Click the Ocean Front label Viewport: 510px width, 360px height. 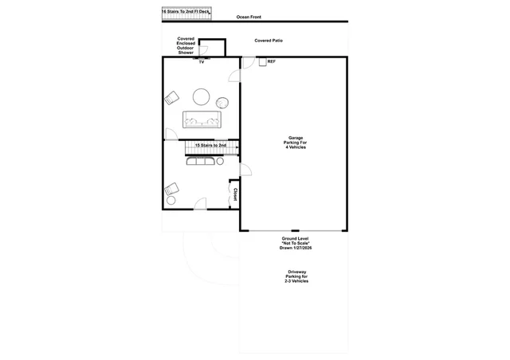[x=249, y=17]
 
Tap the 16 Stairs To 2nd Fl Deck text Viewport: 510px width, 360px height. [x=186, y=12]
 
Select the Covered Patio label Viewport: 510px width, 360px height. [x=269, y=41]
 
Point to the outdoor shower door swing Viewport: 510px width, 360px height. [x=203, y=50]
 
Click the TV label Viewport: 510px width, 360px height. [x=202, y=62]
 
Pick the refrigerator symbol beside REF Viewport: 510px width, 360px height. [x=262, y=62]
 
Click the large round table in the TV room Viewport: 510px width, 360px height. [x=201, y=97]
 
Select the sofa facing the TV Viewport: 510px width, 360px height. [x=202, y=119]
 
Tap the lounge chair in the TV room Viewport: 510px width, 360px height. [x=171, y=98]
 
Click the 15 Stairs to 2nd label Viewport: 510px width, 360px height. [x=210, y=146]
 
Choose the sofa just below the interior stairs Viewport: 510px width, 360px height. [x=200, y=161]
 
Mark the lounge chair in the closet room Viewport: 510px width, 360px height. [x=171, y=189]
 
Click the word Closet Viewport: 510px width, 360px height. [x=235, y=194]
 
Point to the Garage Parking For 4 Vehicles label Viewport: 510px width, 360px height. [x=296, y=143]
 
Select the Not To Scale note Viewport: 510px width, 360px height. [x=296, y=243]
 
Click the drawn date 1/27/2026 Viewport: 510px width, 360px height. [x=301, y=248]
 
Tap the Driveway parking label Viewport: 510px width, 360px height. [x=296, y=276]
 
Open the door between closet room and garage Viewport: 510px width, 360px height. [x=245, y=170]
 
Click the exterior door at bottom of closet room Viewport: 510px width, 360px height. [x=200, y=204]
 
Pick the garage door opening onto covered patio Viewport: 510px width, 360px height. [x=249, y=63]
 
